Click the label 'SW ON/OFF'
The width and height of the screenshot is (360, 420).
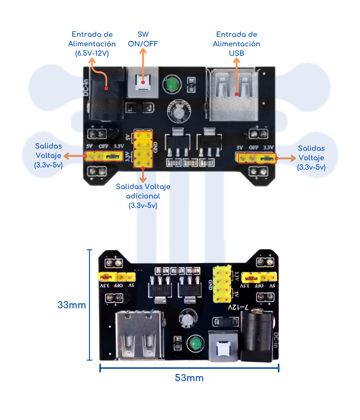point(143,39)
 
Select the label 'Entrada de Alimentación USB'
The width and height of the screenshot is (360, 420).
point(236,44)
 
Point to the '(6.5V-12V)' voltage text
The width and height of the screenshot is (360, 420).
point(92,53)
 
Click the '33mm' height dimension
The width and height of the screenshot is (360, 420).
point(72,305)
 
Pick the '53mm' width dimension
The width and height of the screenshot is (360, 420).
point(189,378)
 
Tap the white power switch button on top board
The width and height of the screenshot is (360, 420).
point(143,83)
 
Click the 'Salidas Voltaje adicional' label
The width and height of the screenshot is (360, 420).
point(143,196)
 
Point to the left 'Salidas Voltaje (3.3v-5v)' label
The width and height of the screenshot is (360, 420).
point(49,155)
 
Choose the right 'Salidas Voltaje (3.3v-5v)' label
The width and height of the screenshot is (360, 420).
point(311,158)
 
